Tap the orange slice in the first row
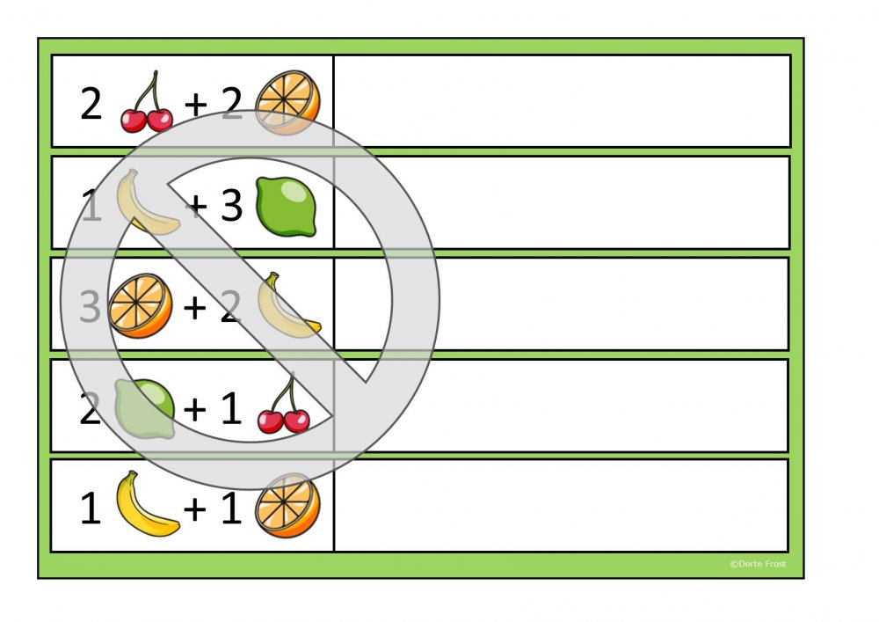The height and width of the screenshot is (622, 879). (287, 103)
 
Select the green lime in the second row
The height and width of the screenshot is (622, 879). (286, 206)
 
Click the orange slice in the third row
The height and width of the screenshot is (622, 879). (141, 305)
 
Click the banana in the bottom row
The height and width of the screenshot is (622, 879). (147, 505)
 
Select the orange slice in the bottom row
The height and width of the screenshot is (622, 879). (287, 506)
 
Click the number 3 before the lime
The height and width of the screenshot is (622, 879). (231, 206)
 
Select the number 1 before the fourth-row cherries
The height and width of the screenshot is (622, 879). (230, 409)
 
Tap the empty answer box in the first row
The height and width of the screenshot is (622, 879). (562, 101)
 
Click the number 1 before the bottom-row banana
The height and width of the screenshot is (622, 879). (91, 509)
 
